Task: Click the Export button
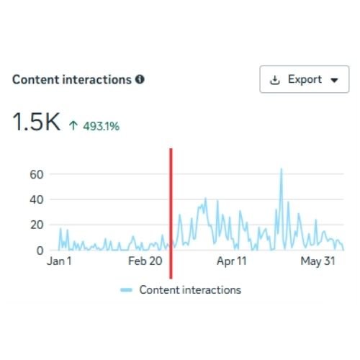coord(305,79)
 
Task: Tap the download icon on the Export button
coord(275,80)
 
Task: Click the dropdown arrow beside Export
coord(334,80)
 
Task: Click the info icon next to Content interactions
coord(140,79)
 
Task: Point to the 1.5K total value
coord(37,122)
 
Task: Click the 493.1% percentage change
coord(101,126)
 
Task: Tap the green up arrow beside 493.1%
coord(73,125)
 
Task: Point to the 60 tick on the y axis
coord(37,174)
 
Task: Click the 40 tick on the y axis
coord(37,199)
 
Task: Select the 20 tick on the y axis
coord(37,225)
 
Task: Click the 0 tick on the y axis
coord(40,251)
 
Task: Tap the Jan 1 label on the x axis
coord(59,261)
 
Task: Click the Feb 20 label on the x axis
coord(145,261)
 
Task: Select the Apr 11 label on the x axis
coord(232,261)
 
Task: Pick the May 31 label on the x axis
coord(318,261)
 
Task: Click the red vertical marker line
coord(171,214)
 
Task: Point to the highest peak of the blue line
coord(282,169)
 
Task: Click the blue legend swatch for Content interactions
coord(126,290)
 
